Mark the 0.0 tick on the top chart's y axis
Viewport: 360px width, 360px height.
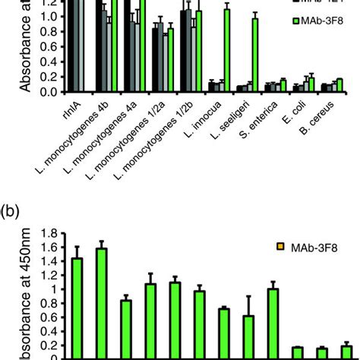pyautogui.click(x=51, y=92)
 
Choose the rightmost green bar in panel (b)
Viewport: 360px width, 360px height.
pyautogui.click(x=346, y=353)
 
